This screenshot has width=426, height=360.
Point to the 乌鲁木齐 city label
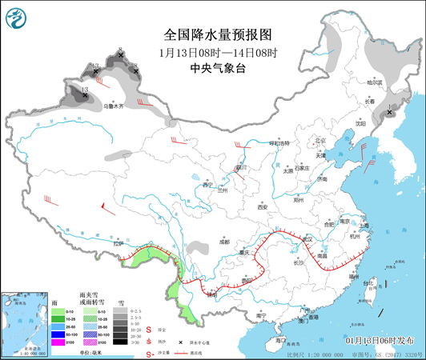(115, 106)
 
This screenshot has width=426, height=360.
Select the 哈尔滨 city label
(376, 82)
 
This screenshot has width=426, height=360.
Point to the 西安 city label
(260, 206)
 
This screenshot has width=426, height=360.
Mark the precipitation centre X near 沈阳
(390, 114)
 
